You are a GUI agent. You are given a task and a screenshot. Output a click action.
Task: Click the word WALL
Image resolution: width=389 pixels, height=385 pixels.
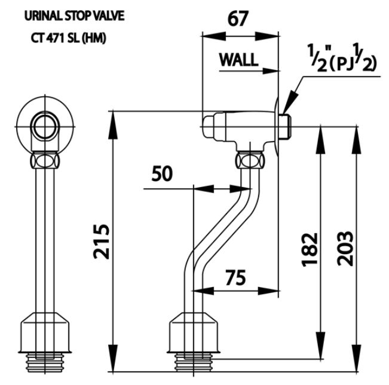coord(238,60)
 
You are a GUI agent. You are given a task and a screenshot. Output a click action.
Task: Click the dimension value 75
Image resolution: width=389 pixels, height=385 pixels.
coord(237,277)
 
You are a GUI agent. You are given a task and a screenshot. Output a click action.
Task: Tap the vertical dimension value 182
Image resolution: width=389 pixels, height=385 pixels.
coord(309,248)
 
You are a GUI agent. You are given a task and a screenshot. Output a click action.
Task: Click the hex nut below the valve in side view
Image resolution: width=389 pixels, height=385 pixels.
coord(250,160)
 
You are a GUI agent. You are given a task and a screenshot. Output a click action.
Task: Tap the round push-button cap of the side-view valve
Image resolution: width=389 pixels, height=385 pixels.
coord(210,127)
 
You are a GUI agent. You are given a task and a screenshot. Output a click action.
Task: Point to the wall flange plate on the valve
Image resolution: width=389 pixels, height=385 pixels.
coord(277,126)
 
